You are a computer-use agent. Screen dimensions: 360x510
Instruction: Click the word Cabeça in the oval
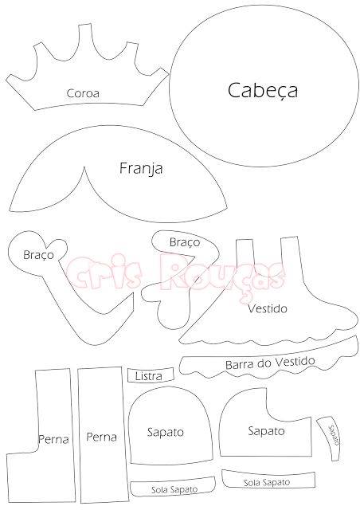[x=263, y=91]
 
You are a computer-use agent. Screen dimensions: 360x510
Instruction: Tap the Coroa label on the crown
[x=83, y=93]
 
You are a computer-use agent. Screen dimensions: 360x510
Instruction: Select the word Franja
[x=141, y=169]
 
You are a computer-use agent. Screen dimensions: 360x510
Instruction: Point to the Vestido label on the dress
[x=268, y=308]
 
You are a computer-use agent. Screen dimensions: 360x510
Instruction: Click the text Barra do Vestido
[x=270, y=363]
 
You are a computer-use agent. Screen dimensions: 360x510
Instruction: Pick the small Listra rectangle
[x=151, y=375]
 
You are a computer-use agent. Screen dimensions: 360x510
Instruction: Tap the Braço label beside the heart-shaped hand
[x=38, y=255]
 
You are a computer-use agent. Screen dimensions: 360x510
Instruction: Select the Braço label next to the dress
[x=185, y=242]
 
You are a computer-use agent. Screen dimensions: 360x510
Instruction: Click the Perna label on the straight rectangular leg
[x=101, y=437]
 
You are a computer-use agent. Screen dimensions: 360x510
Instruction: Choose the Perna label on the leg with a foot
[x=53, y=439]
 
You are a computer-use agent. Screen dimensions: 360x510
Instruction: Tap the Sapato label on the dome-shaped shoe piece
[x=166, y=432]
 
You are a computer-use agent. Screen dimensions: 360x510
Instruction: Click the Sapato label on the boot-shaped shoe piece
[x=266, y=431]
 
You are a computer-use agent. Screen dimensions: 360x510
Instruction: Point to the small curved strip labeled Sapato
[x=330, y=437]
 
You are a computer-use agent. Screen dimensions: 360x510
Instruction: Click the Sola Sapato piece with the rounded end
[x=173, y=487]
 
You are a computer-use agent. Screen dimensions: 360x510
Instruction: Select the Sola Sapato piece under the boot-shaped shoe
[x=268, y=479]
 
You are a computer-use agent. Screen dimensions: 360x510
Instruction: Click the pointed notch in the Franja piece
[x=84, y=168]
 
